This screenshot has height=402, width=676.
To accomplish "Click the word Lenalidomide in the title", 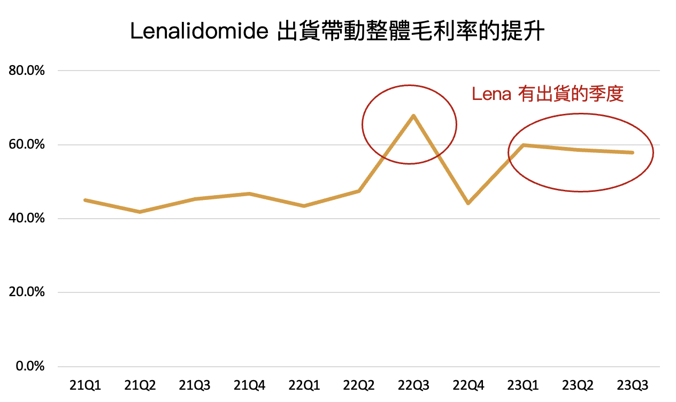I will [x=199, y=32].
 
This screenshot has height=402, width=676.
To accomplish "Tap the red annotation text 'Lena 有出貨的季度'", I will [x=548, y=95].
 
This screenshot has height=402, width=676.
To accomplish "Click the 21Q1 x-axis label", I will [x=85, y=385].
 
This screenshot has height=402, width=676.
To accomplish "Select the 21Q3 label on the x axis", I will [x=195, y=385].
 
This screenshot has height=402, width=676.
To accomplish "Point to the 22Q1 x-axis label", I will [x=304, y=385].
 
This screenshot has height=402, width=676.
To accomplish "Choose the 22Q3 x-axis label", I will [x=414, y=385].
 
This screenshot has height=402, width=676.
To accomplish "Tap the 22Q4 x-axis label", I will [x=468, y=385].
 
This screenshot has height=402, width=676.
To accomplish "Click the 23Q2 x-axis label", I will [x=578, y=385].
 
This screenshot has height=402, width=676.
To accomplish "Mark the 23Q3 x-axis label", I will [x=633, y=385].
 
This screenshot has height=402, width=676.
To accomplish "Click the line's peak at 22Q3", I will [x=413, y=115].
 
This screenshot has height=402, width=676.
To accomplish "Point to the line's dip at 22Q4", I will [x=468, y=203].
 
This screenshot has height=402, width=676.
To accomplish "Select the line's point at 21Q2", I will [x=140, y=212].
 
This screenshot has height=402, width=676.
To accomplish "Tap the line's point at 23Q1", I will [x=523, y=145].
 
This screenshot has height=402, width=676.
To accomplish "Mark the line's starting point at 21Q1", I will [x=85, y=200].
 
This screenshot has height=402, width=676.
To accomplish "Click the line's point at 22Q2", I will [x=359, y=191].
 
